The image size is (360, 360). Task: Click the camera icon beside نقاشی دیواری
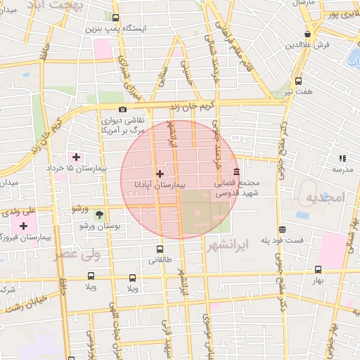coord(123,109)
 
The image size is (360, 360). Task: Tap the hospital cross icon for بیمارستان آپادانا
coord(160,173)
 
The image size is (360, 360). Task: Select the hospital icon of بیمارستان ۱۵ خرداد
coord(76,156)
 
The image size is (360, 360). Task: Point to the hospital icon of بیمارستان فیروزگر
coord(25,226)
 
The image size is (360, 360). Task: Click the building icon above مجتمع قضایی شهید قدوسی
coord(236,172)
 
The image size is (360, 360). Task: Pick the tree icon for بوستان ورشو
coord(99,214)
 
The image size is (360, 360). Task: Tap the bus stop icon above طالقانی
coord(160,249)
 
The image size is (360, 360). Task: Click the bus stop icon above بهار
coord(318,269)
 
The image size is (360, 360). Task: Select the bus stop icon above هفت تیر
coord(298,81)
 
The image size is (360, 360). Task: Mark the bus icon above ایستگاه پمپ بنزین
coord(115,18)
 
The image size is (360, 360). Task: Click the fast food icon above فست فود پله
coord(281,229)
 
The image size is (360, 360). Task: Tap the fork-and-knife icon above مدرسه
coord(342,159)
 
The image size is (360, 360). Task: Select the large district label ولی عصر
coord(75,253)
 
